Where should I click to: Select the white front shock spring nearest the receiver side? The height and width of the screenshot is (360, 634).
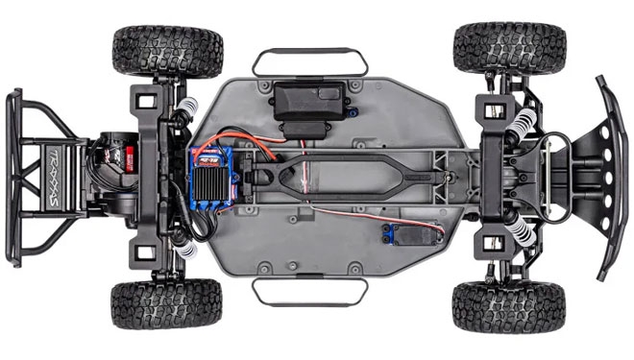point(521,122)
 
